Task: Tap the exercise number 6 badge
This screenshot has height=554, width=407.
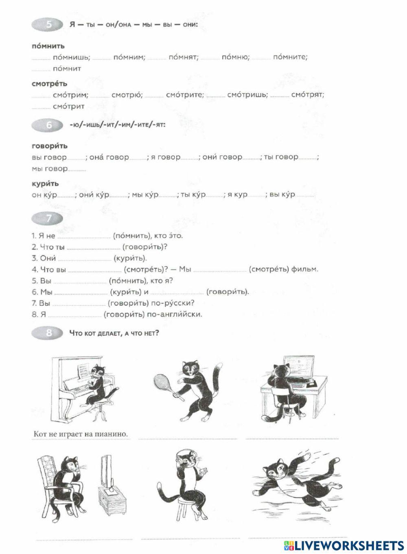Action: tap(48, 125)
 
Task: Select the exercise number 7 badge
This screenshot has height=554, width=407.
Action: tap(48, 219)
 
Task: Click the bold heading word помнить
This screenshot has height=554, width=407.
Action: tap(48, 46)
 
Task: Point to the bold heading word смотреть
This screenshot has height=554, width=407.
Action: tap(50, 84)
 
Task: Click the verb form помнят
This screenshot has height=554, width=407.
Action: tap(183, 57)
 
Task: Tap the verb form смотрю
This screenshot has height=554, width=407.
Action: tap(127, 95)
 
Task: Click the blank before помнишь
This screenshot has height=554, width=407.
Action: tap(41, 59)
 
